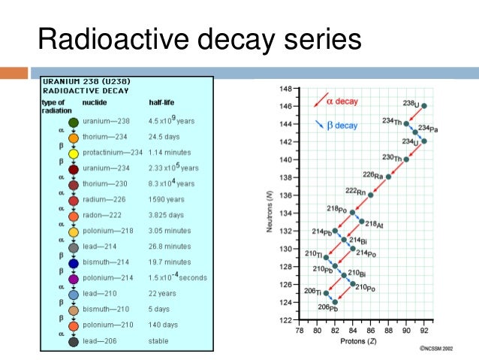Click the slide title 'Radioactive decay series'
coord(200,39)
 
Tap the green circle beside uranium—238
coord(74,122)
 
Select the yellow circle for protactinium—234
coord(74,153)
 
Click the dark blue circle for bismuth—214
coord(74,263)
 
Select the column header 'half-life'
coord(163,102)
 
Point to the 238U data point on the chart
coord(424,106)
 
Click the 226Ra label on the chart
coord(372,175)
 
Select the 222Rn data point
coord(370,195)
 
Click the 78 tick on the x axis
coord(299,329)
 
